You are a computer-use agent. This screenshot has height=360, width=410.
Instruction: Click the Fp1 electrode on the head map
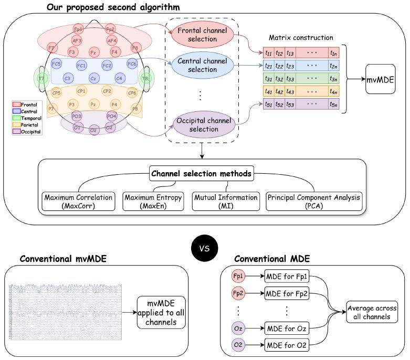coord(78,29)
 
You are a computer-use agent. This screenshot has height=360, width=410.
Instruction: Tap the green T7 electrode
coord(40,78)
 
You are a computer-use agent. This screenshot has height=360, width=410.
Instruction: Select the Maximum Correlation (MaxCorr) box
coord(78,202)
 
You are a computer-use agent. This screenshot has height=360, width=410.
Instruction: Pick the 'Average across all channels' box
coord(372,312)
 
